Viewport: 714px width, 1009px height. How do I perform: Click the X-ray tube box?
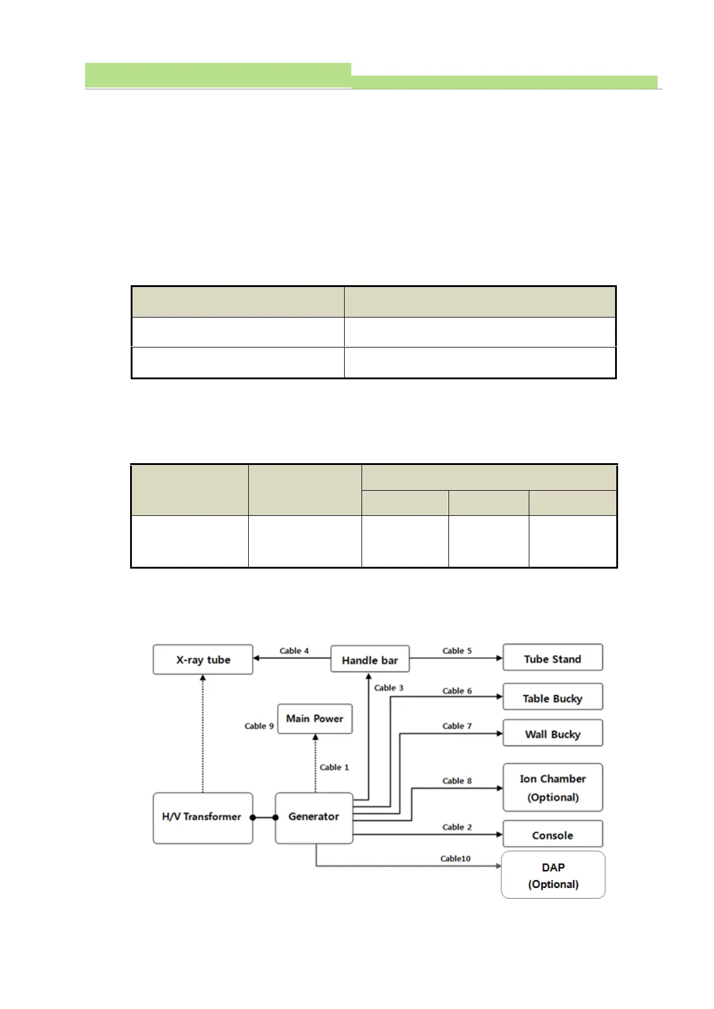pyautogui.click(x=203, y=660)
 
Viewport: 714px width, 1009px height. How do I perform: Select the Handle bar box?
pyautogui.click(x=370, y=660)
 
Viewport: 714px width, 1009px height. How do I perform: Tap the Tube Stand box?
pyautogui.click(x=552, y=658)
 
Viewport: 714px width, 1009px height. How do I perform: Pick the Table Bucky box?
pyautogui.click(x=552, y=698)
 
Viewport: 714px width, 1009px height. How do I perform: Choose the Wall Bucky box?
pyautogui.click(x=552, y=734)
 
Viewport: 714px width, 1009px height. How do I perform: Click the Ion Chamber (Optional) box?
pyautogui.click(x=552, y=787)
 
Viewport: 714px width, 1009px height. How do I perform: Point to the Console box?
pyautogui.click(x=552, y=835)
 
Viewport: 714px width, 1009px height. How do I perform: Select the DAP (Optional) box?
pyautogui.click(x=553, y=875)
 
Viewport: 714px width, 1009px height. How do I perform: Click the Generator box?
pyautogui.click(x=314, y=817)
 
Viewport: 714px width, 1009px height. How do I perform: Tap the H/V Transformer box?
pyautogui.click(x=202, y=817)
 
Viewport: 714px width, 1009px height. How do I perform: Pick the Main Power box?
pyautogui.click(x=314, y=718)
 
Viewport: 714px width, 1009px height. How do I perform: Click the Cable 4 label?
pyautogui.click(x=294, y=651)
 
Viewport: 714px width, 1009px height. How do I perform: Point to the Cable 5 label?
pyautogui.click(x=457, y=651)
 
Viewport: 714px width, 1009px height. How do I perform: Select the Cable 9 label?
pyautogui.click(x=259, y=726)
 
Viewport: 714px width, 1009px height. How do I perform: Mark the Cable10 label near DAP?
pyautogui.click(x=455, y=859)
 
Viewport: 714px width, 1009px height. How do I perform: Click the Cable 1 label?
pyautogui.click(x=334, y=767)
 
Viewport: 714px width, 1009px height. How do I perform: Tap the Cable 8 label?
pyautogui.click(x=457, y=781)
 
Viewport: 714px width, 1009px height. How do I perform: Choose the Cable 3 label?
pyautogui.click(x=388, y=688)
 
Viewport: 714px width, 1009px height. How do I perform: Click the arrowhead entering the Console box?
pyautogui.click(x=499, y=835)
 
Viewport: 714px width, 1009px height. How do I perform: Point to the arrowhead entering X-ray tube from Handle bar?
pyautogui.click(x=257, y=658)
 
